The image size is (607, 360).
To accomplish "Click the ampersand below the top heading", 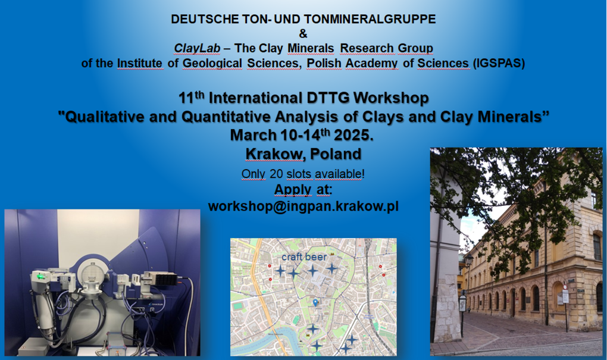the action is click(x=303, y=34).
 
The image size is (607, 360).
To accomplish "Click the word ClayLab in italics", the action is click(x=197, y=48).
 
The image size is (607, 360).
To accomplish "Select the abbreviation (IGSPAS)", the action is click(x=499, y=63).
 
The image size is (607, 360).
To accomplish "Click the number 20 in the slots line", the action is click(x=276, y=174).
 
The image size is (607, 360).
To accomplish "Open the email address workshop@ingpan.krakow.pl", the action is click(x=303, y=206).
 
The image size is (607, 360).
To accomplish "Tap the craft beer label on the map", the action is click(x=304, y=256).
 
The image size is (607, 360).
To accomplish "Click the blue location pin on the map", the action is click(x=315, y=302).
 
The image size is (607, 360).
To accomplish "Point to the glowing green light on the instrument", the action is click(x=40, y=276).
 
